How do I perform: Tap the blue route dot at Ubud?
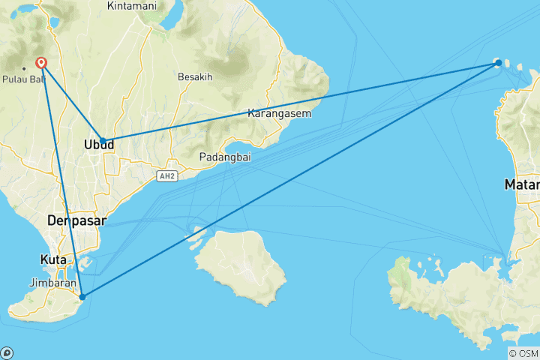tap(103, 141)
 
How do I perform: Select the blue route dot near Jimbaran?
tap(82, 296)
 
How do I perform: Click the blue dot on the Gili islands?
tap(498, 63)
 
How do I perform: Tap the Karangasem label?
tap(279, 114)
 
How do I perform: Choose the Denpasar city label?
tap(76, 221)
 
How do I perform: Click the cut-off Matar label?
tap(522, 184)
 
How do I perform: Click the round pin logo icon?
tap(7, 352)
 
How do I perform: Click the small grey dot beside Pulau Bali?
tap(24, 68)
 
